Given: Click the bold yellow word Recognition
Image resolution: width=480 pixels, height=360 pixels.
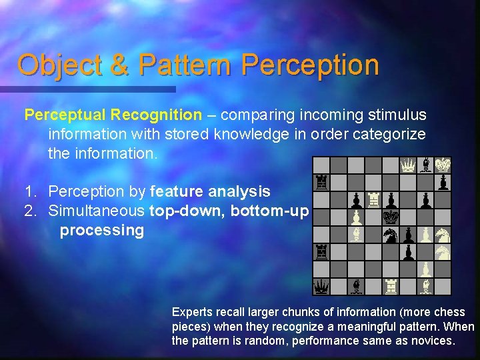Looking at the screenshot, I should click(x=159, y=115).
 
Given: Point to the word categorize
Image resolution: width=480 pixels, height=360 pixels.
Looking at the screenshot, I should click(x=390, y=134).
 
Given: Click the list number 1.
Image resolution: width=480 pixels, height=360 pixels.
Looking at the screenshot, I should click(x=29, y=192).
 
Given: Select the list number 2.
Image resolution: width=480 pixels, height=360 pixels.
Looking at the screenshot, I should click(x=29, y=211).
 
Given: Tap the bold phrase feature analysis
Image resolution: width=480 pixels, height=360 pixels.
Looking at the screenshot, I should click(x=210, y=192).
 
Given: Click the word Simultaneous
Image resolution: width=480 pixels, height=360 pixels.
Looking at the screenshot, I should click(x=97, y=211).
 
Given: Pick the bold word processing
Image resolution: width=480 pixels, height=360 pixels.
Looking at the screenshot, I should click(x=101, y=231).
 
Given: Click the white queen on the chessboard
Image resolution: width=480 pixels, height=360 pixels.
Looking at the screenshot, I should click(x=407, y=165).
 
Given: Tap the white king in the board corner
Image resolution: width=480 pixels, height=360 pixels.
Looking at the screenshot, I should click(x=442, y=165).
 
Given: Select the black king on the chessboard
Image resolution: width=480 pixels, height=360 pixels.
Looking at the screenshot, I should click(x=391, y=217).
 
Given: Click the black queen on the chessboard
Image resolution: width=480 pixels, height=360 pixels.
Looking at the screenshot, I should click(x=321, y=286).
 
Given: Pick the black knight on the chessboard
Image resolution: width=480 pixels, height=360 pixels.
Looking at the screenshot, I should click(x=391, y=234).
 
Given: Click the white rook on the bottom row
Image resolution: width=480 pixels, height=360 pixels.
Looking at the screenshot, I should click(x=391, y=286).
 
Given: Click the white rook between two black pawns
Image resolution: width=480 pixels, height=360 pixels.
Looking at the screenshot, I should click(x=373, y=199).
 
